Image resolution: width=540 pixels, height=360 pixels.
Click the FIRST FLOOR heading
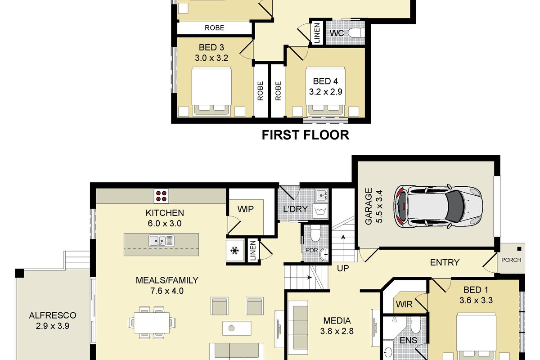[x=306, y=135]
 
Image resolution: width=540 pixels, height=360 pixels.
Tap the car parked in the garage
[x=438, y=207]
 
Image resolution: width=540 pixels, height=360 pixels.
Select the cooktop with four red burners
[x=161, y=196]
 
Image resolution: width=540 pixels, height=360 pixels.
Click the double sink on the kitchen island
[x=161, y=241]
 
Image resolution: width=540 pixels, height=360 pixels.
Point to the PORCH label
[x=511, y=260]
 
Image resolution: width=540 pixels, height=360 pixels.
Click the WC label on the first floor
[x=337, y=33]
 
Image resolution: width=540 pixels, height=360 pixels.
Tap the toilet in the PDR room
[x=315, y=233]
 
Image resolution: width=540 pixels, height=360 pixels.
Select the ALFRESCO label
[x=53, y=315]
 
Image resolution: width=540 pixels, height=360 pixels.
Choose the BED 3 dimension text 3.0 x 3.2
[x=211, y=58]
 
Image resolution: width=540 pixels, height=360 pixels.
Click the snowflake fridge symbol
[x=234, y=251]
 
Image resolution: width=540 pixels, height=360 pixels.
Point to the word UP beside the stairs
[x=343, y=268]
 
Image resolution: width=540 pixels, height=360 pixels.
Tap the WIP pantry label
[x=245, y=209]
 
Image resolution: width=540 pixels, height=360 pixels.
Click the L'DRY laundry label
[x=296, y=209]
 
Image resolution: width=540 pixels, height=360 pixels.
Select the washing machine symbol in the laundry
[x=320, y=211]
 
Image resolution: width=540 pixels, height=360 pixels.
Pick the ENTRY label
[x=445, y=262]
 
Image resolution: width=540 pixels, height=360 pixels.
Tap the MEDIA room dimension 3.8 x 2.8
[x=337, y=331]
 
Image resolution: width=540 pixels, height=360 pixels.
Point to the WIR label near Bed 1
[x=404, y=305]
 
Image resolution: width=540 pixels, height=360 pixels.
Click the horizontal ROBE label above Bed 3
[x=214, y=28]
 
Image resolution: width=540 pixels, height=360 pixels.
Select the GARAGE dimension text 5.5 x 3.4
[x=379, y=207]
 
